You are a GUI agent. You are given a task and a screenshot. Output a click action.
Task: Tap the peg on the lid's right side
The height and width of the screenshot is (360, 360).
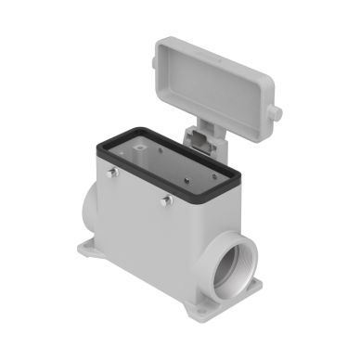[x=276, y=112]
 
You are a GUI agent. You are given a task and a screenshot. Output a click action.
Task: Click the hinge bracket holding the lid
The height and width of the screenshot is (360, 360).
[x=202, y=139]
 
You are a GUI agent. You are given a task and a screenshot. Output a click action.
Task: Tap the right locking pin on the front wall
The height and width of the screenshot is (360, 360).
[x=168, y=201]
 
